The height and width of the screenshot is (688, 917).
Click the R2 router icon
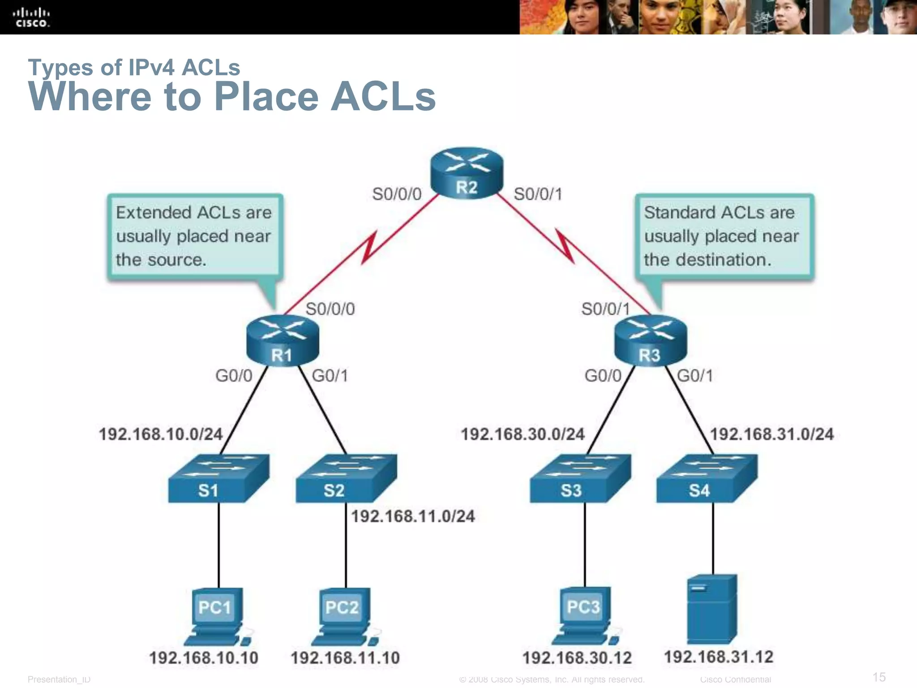click(x=467, y=173)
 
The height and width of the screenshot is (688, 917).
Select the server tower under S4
click(x=712, y=609)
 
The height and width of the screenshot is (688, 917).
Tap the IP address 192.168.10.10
click(x=204, y=658)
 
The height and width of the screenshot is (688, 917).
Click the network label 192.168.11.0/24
click(x=412, y=516)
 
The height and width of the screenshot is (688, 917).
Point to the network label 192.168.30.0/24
click(x=523, y=434)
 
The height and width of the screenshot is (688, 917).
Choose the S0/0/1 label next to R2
click(x=538, y=194)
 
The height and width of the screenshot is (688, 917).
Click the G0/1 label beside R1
click(x=330, y=375)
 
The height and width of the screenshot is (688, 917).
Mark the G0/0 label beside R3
click(x=603, y=375)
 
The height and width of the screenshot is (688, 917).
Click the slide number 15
click(x=879, y=677)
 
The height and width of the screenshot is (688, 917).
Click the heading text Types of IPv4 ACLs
click(x=134, y=67)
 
